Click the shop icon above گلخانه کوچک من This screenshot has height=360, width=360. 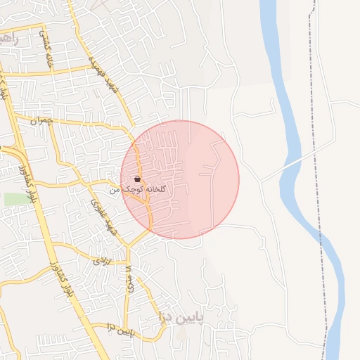(136, 179)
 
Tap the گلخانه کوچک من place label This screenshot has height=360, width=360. (140, 191)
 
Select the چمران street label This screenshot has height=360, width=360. (41, 122)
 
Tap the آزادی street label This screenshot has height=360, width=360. (103, 260)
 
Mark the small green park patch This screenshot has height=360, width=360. (14, 199)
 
